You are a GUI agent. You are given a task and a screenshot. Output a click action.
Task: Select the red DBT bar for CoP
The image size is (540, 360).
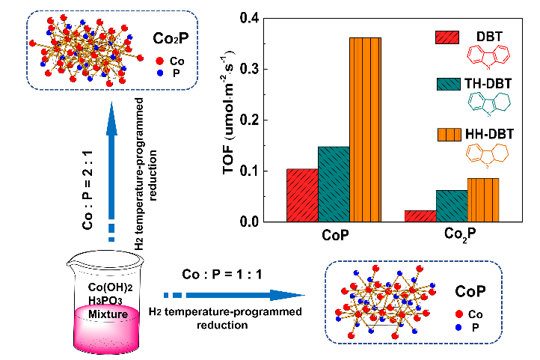point(301,195)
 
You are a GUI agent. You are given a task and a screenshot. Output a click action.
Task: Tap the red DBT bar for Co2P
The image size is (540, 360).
point(420,216)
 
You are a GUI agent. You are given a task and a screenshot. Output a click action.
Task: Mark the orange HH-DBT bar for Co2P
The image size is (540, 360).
point(483,200)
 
